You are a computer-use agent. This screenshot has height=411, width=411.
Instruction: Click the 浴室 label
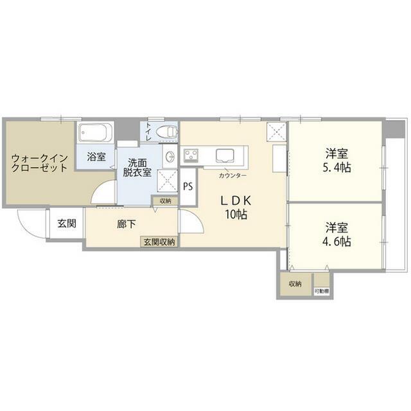tap(97, 156)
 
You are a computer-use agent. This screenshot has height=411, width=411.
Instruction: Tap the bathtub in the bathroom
tap(96, 135)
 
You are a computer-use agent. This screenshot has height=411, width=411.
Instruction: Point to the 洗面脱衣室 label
tap(138, 168)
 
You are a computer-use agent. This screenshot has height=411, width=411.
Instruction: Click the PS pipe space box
tap(188, 187)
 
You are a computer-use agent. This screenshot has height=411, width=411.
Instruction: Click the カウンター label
tap(231, 175)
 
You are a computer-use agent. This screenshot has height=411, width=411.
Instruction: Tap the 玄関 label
tap(66, 223)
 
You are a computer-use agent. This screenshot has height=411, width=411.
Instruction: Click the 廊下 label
tap(126, 225)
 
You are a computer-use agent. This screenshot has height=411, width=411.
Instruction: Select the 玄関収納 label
tap(161, 241)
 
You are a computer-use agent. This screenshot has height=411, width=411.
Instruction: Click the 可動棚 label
tap(321, 291)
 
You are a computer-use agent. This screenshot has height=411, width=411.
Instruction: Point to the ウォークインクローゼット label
tap(39, 161)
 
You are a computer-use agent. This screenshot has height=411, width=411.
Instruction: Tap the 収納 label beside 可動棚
tap(295, 283)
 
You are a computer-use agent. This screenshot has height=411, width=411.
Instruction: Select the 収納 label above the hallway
tap(166, 201)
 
